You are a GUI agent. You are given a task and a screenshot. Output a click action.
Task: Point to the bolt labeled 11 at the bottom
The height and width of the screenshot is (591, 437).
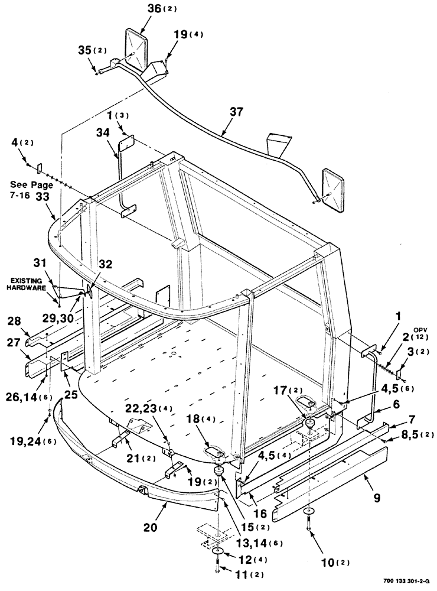[218, 571]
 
